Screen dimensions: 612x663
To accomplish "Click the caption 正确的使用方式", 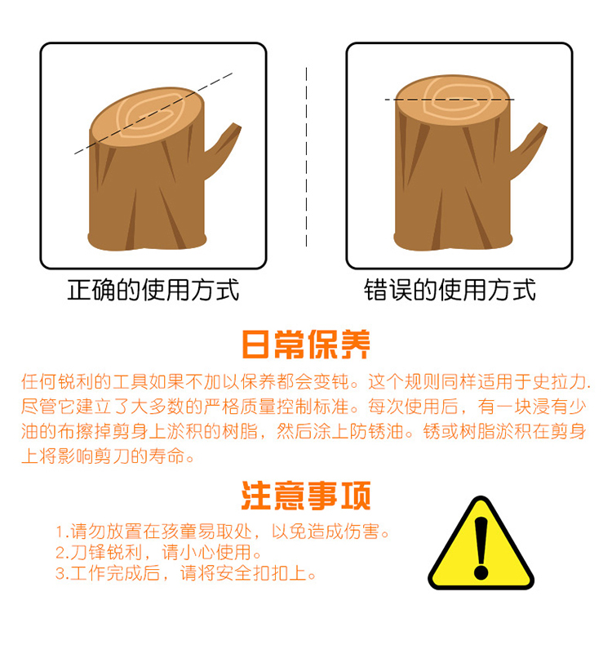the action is pyautogui.click(x=153, y=290).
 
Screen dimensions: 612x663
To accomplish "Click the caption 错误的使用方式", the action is pyautogui.click(x=450, y=290).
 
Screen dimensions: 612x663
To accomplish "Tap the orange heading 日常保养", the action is pyautogui.click(x=306, y=345).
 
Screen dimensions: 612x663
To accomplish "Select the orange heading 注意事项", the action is pyautogui.click(x=306, y=495).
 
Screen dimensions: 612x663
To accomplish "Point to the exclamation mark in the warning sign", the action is pyautogui.click(x=481, y=548).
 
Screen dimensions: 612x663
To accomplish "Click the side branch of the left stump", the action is pyautogui.click(x=223, y=148).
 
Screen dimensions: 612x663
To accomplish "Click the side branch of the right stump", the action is pyautogui.click(x=529, y=148).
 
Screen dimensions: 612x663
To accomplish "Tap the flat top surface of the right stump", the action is pyautogui.click(x=453, y=100).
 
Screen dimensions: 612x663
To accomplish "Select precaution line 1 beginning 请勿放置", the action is pyautogui.click(x=223, y=531).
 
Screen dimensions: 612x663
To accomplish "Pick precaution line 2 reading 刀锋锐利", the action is pyautogui.click(x=158, y=552).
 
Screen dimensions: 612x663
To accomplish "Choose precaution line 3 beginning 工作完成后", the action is pyautogui.click(x=185, y=573).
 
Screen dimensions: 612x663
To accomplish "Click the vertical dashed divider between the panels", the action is pyautogui.click(x=307, y=157).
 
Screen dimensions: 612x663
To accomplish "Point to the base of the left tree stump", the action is pyautogui.click(x=147, y=241).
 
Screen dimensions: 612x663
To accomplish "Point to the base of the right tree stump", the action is pyautogui.click(x=453, y=241).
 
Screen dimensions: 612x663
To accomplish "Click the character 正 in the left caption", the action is pyautogui.click(x=79, y=290).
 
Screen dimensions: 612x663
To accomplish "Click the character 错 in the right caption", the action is pyautogui.click(x=375, y=290).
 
